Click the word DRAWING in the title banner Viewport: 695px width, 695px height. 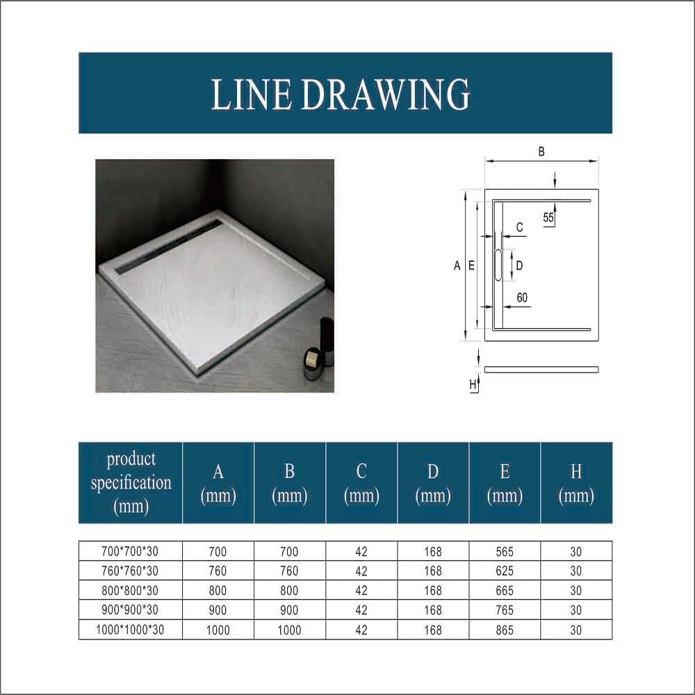[385, 94]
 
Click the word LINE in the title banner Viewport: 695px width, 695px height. [250, 94]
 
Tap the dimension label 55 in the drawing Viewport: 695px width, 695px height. [548, 218]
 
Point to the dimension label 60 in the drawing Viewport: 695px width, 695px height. [522, 297]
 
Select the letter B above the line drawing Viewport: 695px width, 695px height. [541, 152]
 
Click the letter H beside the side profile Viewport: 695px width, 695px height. [473, 384]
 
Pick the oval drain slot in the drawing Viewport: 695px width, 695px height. [498, 265]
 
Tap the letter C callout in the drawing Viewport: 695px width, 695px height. [520, 227]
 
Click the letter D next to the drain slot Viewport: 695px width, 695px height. [519, 265]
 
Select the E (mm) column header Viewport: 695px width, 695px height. [505, 483]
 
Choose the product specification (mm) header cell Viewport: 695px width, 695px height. [131, 483]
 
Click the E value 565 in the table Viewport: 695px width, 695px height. [505, 551]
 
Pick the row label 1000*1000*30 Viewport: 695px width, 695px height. [130, 630]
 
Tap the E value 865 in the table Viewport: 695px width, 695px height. [505, 630]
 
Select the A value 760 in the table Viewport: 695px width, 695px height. [218, 571]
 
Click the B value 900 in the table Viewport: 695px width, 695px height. [289, 610]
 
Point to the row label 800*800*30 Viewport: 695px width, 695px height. [130, 590]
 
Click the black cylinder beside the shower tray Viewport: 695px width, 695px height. [327, 341]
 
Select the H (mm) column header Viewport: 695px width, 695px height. [576, 483]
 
